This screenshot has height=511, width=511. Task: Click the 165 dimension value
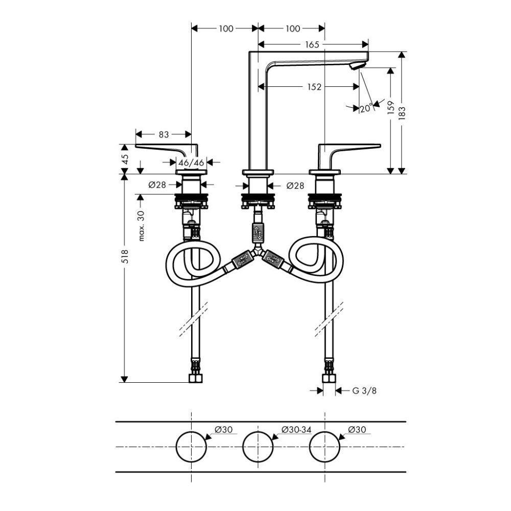click(x=312, y=44)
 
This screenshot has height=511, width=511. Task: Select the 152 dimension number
click(x=314, y=87)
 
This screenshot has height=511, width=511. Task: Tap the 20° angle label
click(x=366, y=108)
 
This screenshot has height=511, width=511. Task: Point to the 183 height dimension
click(x=402, y=113)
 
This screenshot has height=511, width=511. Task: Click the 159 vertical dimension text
click(x=391, y=108)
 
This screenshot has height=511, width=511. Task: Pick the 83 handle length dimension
click(x=164, y=134)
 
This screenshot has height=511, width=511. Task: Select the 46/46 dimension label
click(x=191, y=162)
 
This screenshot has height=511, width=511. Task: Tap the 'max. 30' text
click(x=141, y=226)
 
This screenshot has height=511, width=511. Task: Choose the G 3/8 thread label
click(x=364, y=390)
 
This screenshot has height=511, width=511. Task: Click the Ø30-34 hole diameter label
click(x=296, y=430)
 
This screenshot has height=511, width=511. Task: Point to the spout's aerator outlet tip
click(x=356, y=66)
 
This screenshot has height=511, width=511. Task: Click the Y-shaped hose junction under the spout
click(x=258, y=251)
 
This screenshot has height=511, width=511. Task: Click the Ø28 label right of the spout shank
click(x=295, y=186)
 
